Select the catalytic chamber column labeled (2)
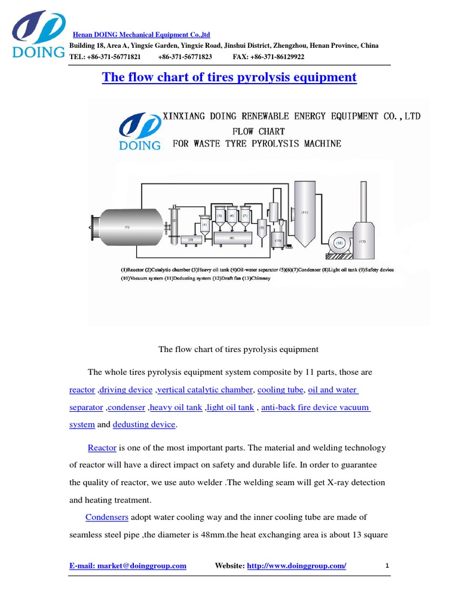click(x=175, y=224)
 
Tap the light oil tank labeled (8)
click(x=231, y=237)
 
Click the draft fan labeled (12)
click(x=339, y=242)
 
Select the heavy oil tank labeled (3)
click(x=191, y=240)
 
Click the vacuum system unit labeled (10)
click(x=278, y=241)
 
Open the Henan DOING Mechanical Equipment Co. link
click(x=140, y=35)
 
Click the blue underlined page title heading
click(x=229, y=77)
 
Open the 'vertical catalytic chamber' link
click(x=206, y=390)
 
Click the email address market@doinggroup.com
click(x=128, y=565)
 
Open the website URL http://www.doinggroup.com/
click(x=296, y=565)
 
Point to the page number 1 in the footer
click(x=387, y=565)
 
